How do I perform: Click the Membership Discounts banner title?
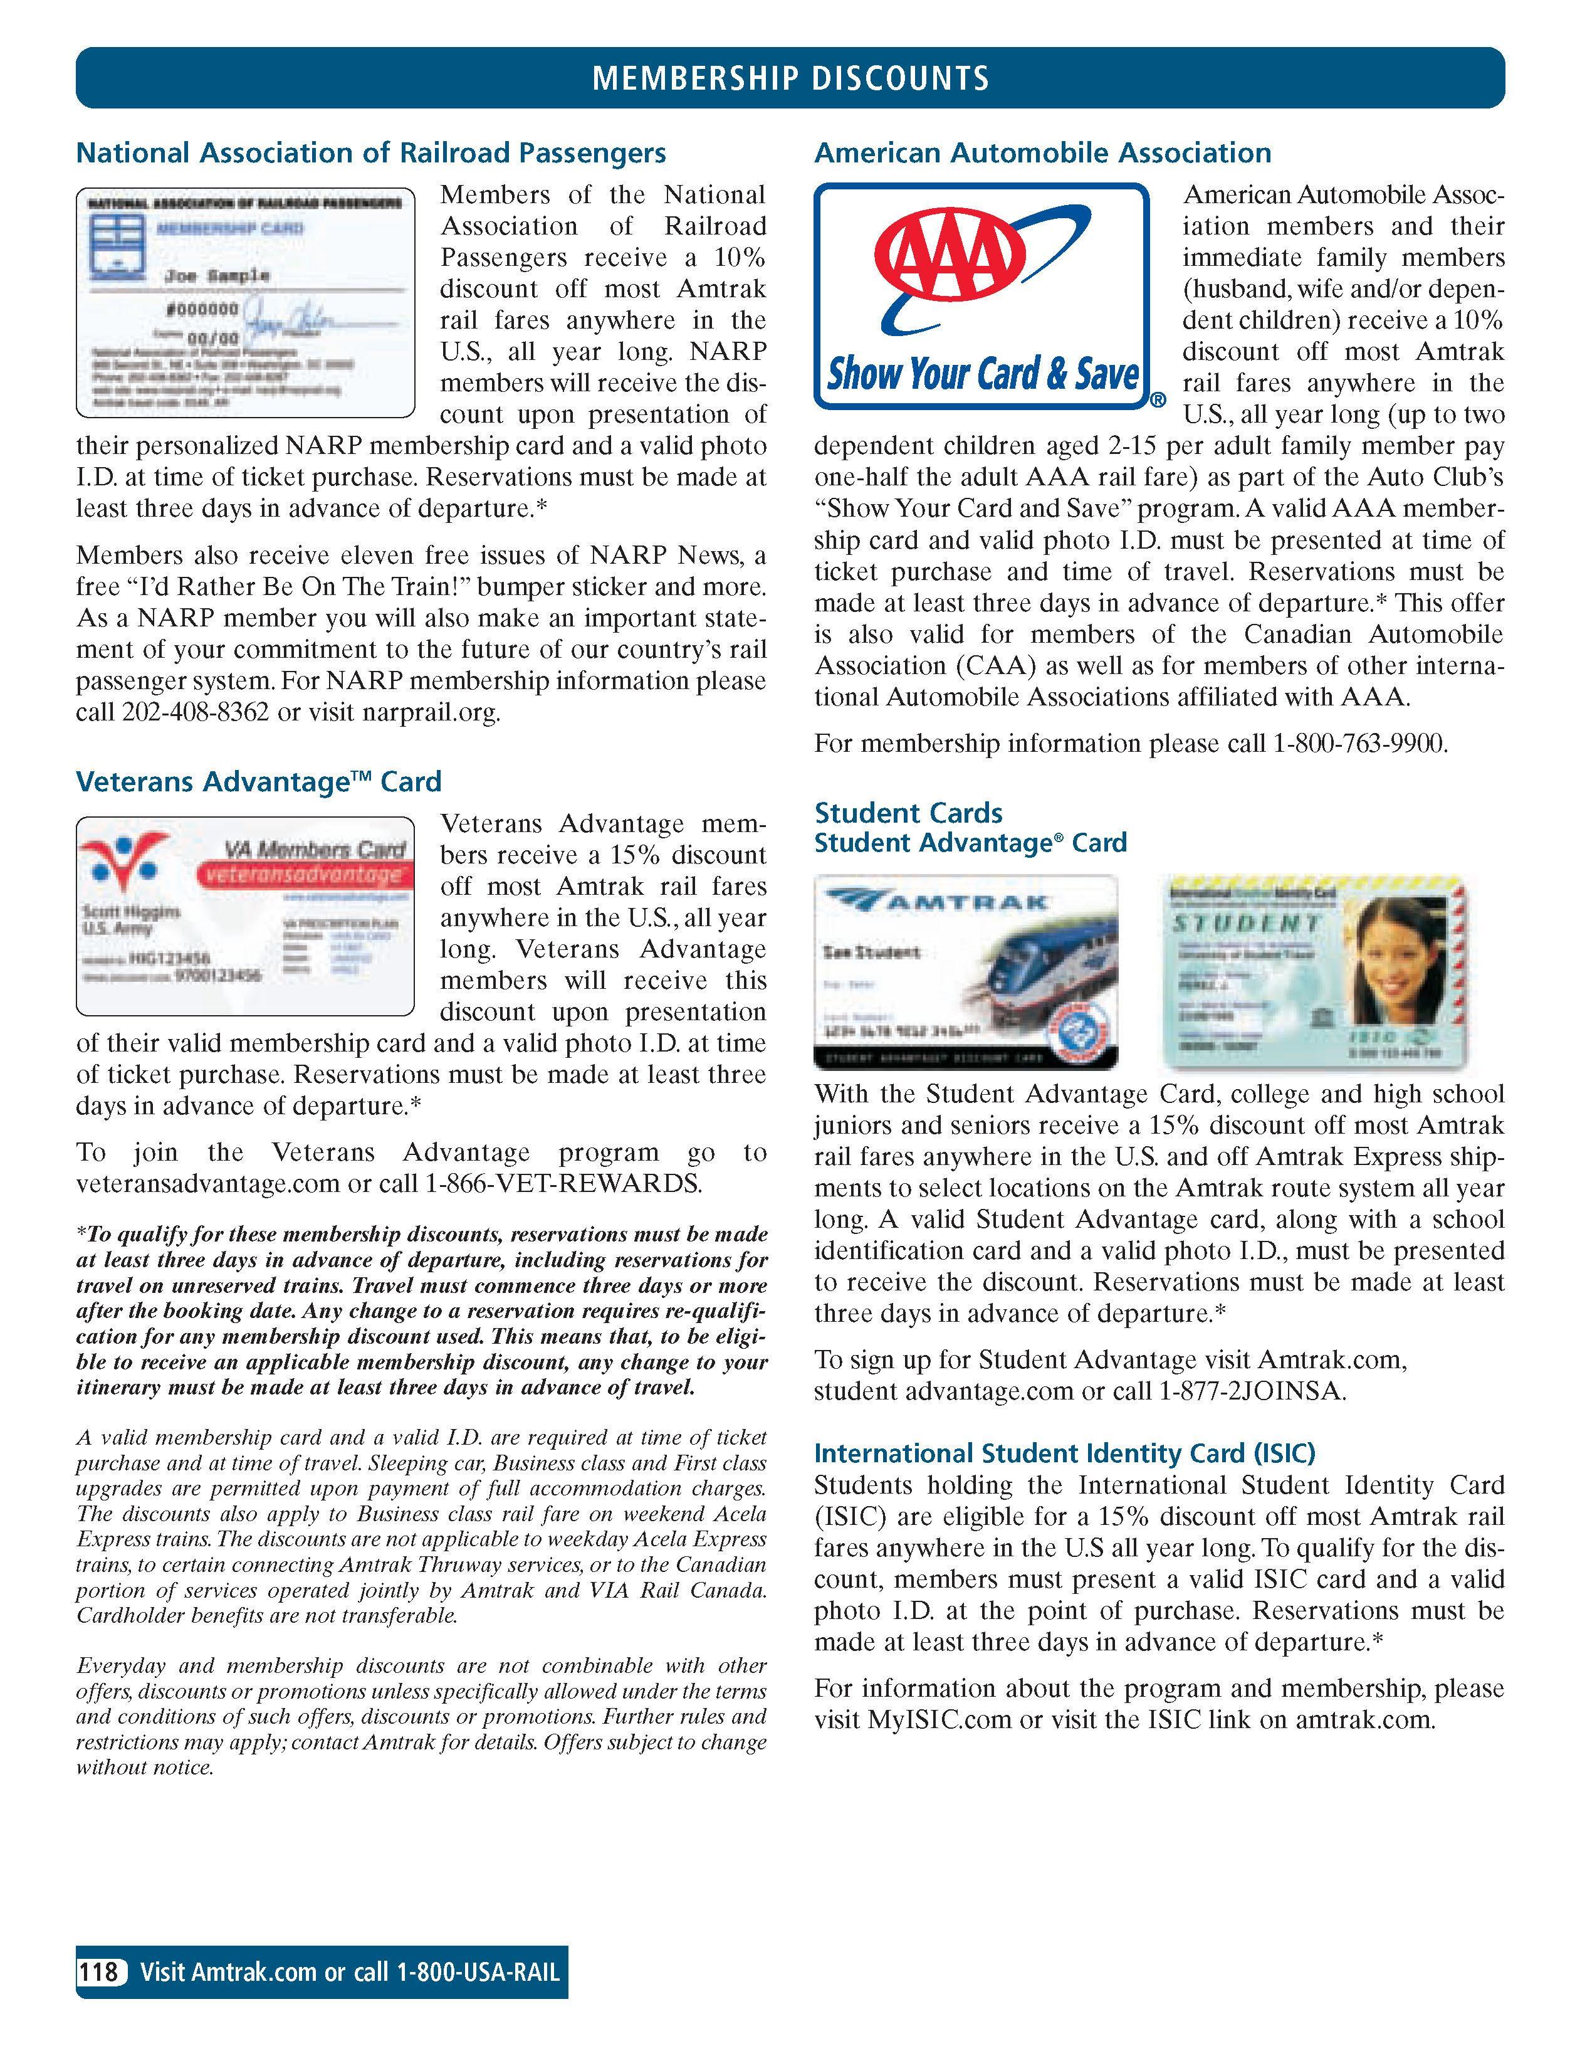(790, 78)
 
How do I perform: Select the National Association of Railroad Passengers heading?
(371, 153)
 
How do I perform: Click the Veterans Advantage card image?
(245, 916)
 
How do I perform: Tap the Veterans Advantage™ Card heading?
(258, 781)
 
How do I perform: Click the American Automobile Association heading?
(1042, 153)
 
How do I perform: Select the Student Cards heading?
(908, 812)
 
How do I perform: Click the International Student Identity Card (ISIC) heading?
(1064, 1453)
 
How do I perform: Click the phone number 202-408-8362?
(196, 713)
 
